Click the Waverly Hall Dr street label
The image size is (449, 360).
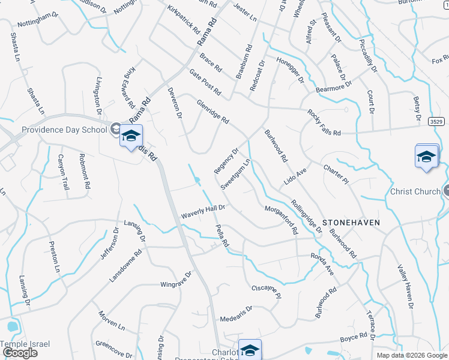click(x=203, y=211)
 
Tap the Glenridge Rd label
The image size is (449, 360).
click(x=213, y=111)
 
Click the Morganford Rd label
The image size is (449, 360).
click(x=281, y=220)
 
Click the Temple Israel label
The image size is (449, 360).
click(x=25, y=344)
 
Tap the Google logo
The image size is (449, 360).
click(x=20, y=353)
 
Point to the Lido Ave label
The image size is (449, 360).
click(x=295, y=176)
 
